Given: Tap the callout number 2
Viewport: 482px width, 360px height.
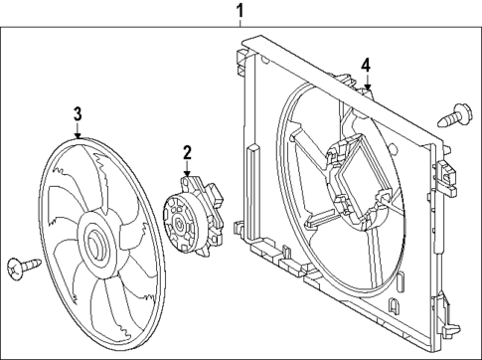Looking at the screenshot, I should click(186, 152).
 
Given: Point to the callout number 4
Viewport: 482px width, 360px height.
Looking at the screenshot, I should click(366, 65).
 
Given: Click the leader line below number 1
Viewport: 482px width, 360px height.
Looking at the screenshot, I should click(239, 25).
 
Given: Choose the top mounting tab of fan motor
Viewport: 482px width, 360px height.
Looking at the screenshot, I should click(191, 183).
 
